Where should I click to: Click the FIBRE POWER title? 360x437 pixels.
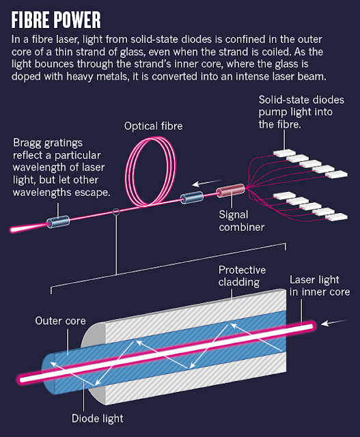click(56, 20)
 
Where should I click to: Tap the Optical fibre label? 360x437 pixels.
click(154, 126)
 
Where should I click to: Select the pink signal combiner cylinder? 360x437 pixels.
click(231, 191)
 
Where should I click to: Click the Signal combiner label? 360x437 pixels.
click(242, 221)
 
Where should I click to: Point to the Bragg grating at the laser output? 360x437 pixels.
click(58, 222)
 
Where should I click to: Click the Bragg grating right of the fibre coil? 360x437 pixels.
click(191, 197)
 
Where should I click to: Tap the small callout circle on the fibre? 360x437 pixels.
click(116, 212)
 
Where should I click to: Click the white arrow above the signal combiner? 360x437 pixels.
click(207, 183)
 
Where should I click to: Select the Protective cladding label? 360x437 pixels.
click(242, 276)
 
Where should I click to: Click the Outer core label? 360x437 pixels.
click(60, 321)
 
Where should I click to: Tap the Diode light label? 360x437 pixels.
click(97, 419)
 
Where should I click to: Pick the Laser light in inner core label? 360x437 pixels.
click(320, 285)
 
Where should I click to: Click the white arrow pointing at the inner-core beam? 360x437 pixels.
click(335, 322)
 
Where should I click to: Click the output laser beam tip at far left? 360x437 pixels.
click(12, 229)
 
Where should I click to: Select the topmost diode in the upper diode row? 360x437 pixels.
click(284, 152)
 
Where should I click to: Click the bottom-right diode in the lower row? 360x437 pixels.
click(336, 216)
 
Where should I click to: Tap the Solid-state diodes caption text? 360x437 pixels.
click(301, 112)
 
